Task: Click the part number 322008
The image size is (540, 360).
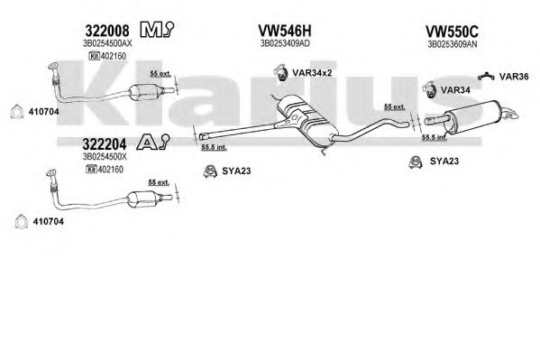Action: tap(107, 31)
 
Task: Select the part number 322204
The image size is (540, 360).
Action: tap(105, 143)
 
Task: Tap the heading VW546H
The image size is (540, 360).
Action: tap(285, 31)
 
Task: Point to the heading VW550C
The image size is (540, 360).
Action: tap(452, 32)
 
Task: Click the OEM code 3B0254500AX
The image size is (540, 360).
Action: tap(107, 43)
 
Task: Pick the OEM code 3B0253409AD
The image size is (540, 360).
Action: tap(285, 43)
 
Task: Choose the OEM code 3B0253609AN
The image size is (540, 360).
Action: tap(453, 44)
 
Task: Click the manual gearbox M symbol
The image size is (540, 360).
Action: tap(157, 30)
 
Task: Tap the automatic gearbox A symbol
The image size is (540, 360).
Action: tap(153, 142)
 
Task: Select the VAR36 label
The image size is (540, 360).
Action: tap(514, 76)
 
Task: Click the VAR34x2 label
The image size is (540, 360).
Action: tap(312, 73)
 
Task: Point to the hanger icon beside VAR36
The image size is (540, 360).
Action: tap(486, 76)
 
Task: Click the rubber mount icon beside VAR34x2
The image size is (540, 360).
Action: tap(280, 72)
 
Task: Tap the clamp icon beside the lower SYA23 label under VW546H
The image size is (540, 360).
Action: tap(210, 171)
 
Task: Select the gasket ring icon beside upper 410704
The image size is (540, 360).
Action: tap(16, 112)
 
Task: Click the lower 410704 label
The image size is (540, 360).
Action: tap(48, 221)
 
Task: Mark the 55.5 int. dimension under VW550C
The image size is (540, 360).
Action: tap(435, 137)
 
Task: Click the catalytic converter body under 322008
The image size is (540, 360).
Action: tap(143, 92)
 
